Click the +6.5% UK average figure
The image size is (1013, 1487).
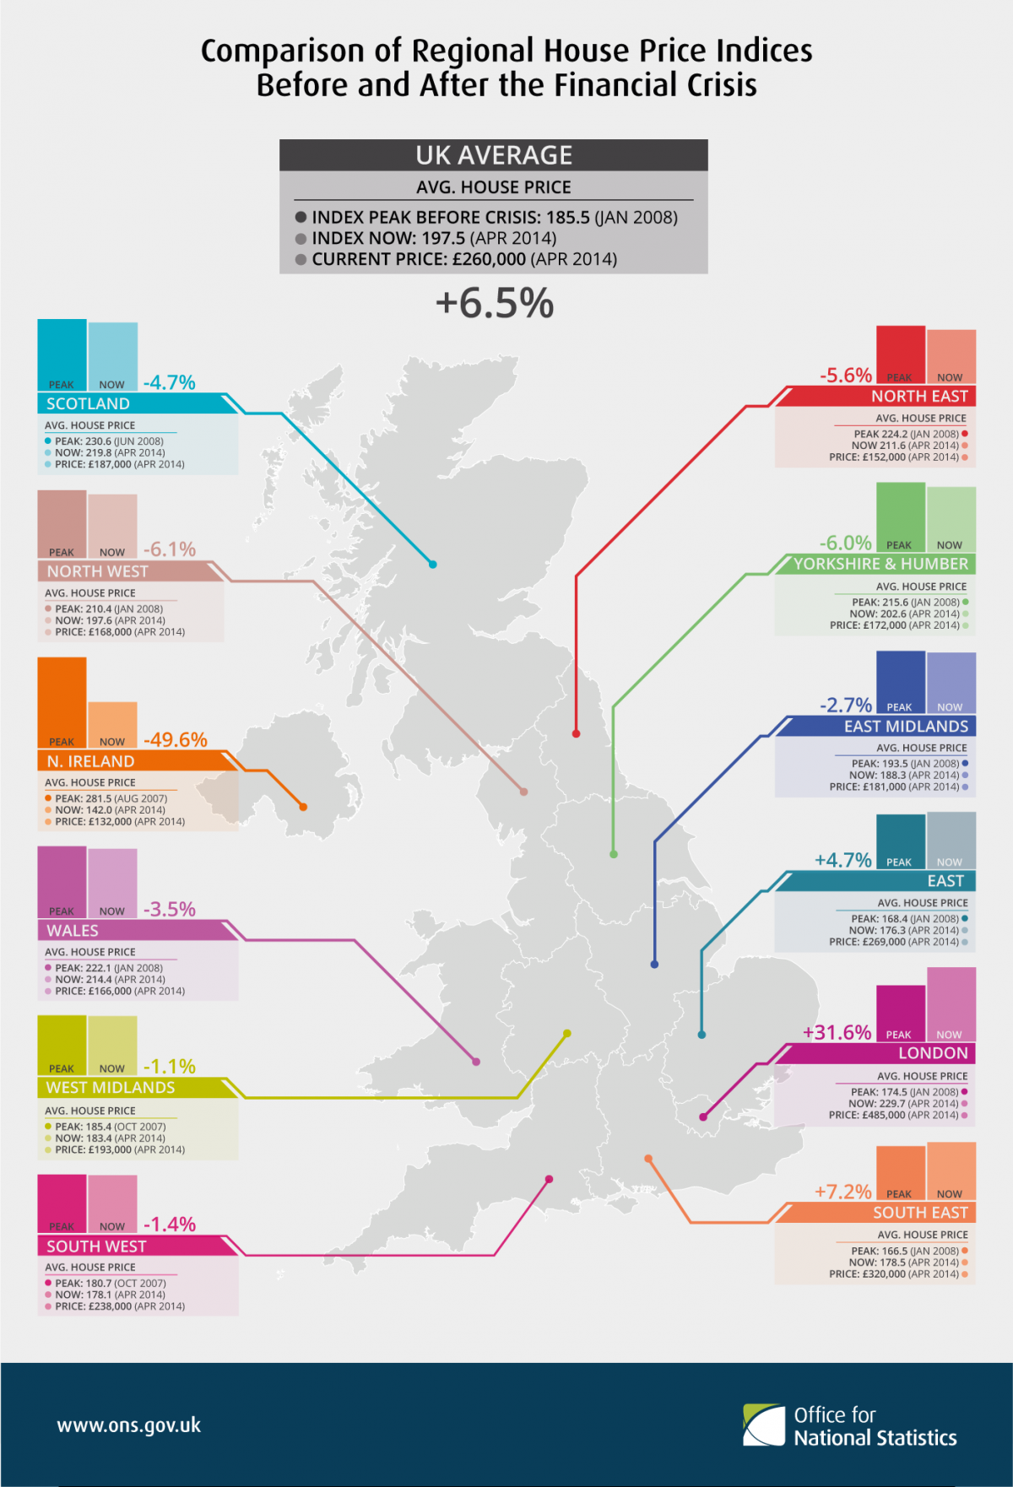click(495, 304)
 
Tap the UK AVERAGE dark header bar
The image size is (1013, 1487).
click(494, 155)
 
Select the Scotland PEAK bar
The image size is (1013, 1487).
click(62, 354)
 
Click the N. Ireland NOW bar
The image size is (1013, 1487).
click(112, 724)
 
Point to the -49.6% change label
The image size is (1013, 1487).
click(176, 740)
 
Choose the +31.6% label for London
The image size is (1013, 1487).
click(837, 1033)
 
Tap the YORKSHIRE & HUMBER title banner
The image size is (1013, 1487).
click(880, 564)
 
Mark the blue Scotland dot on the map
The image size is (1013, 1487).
click(432, 564)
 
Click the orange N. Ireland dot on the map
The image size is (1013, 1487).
click(303, 807)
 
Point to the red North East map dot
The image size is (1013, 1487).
click(576, 733)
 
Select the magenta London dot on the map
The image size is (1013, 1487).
click(703, 1117)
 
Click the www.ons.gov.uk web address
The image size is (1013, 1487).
click(128, 1425)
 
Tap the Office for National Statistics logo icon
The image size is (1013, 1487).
click(763, 1425)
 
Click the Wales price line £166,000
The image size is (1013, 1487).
click(119, 991)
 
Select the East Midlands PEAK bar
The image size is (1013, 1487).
click(900, 682)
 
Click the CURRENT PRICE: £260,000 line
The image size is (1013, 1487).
click(463, 259)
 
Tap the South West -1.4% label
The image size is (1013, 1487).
click(170, 1225)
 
